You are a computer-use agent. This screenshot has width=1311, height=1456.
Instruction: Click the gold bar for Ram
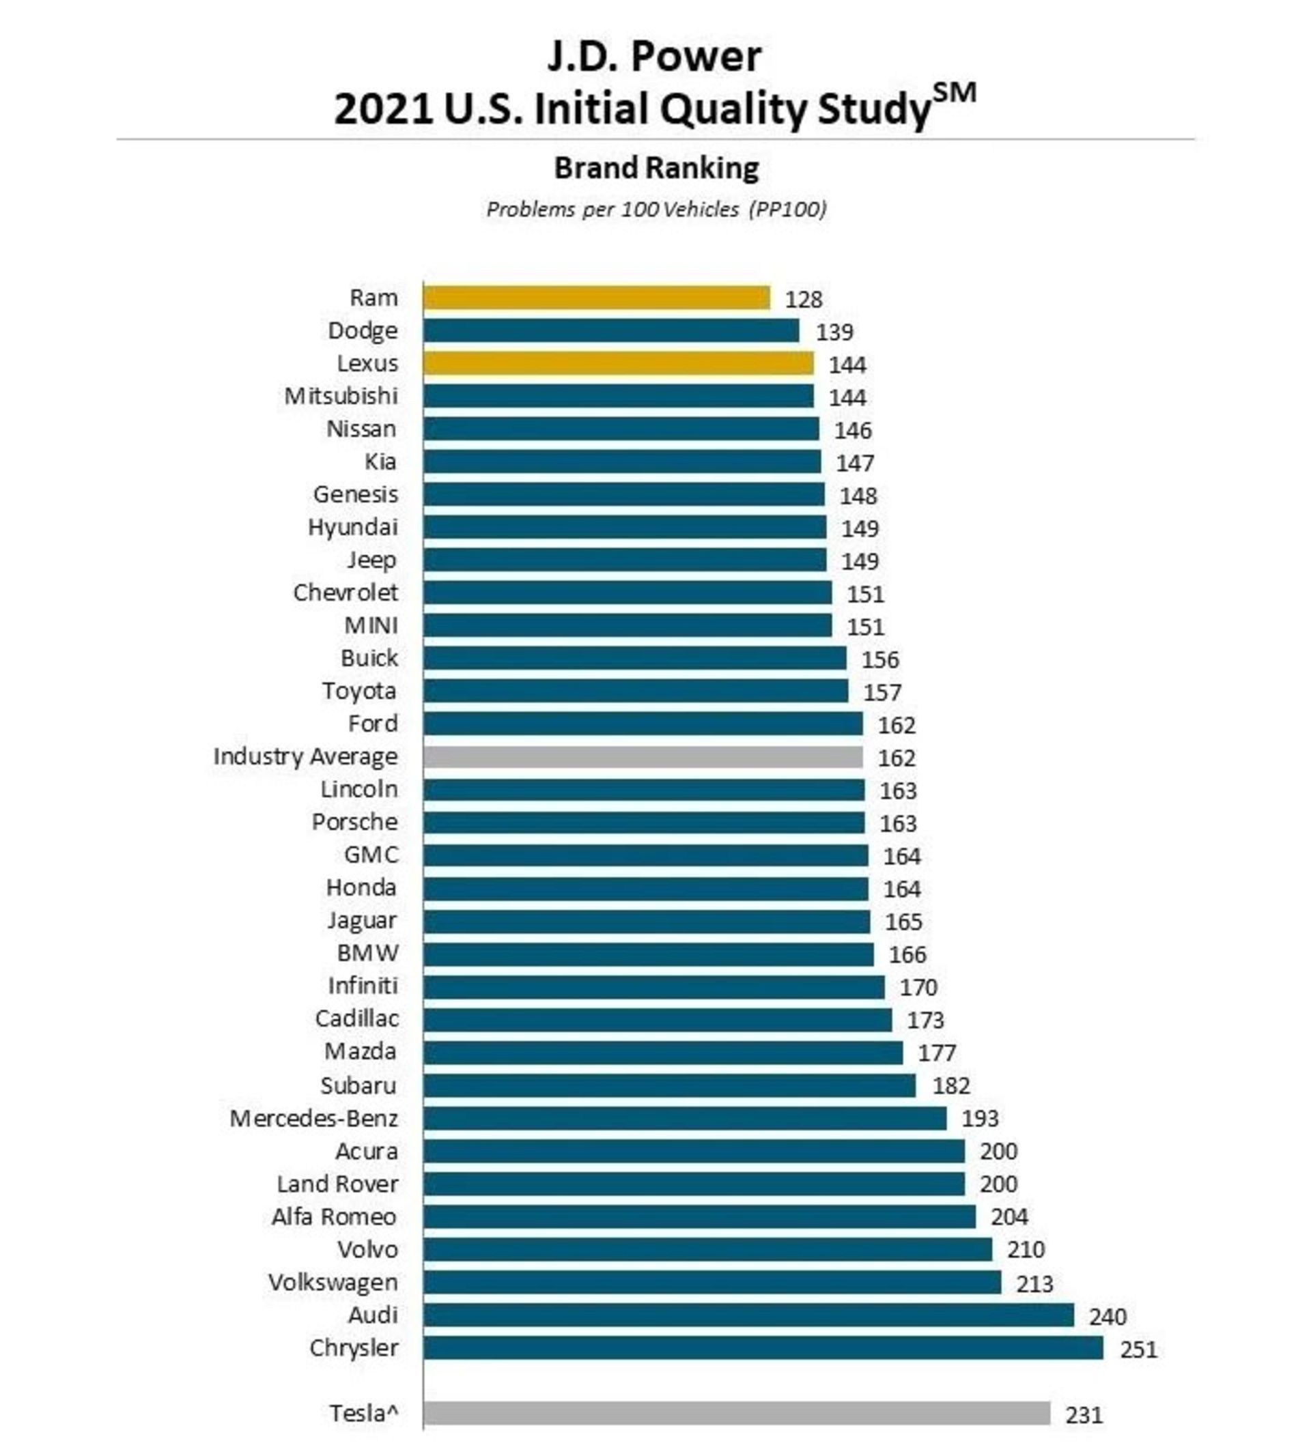pyautogui.click(x=596, y=298)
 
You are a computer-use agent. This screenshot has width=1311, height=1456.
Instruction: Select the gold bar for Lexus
pyautogui.click(x=618, y=363)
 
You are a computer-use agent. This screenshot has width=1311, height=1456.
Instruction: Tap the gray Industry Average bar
pyautogui.click(x=643, y=757)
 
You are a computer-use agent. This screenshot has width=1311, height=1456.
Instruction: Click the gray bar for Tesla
pyautogui.click(x=736, y=1414)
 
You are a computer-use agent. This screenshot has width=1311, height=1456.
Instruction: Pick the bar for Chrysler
pyautogui.click(x=763, y=1348)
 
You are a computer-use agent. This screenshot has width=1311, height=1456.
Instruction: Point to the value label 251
pyautogui.click(x=1138, y=1350)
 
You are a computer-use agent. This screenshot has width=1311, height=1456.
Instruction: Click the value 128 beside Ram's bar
pyautogui.click(x=803, y=299)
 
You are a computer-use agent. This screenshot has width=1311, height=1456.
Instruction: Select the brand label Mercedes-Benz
pyautogui.click(x=313, y=1118)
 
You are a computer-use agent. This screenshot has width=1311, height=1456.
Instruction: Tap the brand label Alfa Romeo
pyautogui.click(x=333, y=1217)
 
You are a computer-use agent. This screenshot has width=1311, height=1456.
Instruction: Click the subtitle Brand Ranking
pyautogui.click(x=656, y=169)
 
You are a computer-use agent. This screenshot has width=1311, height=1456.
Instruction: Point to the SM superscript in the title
pyautogui.click(x=954, y=94)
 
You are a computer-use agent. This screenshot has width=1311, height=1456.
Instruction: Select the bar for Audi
pyautogui.click(x=748, y=1315)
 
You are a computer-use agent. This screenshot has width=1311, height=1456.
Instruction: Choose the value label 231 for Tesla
pyautogui.click(x=1084, y=1415)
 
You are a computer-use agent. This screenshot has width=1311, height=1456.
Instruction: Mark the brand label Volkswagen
pyautogui.click(x=333, y=1283)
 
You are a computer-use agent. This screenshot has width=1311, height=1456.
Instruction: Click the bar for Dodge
pyautogui.click(x=611, y=330)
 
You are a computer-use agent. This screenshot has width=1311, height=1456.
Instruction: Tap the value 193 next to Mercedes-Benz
pyautogui.click(x=980, y=1119)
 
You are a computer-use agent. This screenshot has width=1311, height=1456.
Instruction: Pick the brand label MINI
pyautogui.click(x=371, y=626)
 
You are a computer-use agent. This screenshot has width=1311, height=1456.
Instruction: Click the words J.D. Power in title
pyautogui.click(x=654, y=56)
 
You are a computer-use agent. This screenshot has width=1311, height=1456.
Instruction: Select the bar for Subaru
pyautogui.click(x=669, y=1086)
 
